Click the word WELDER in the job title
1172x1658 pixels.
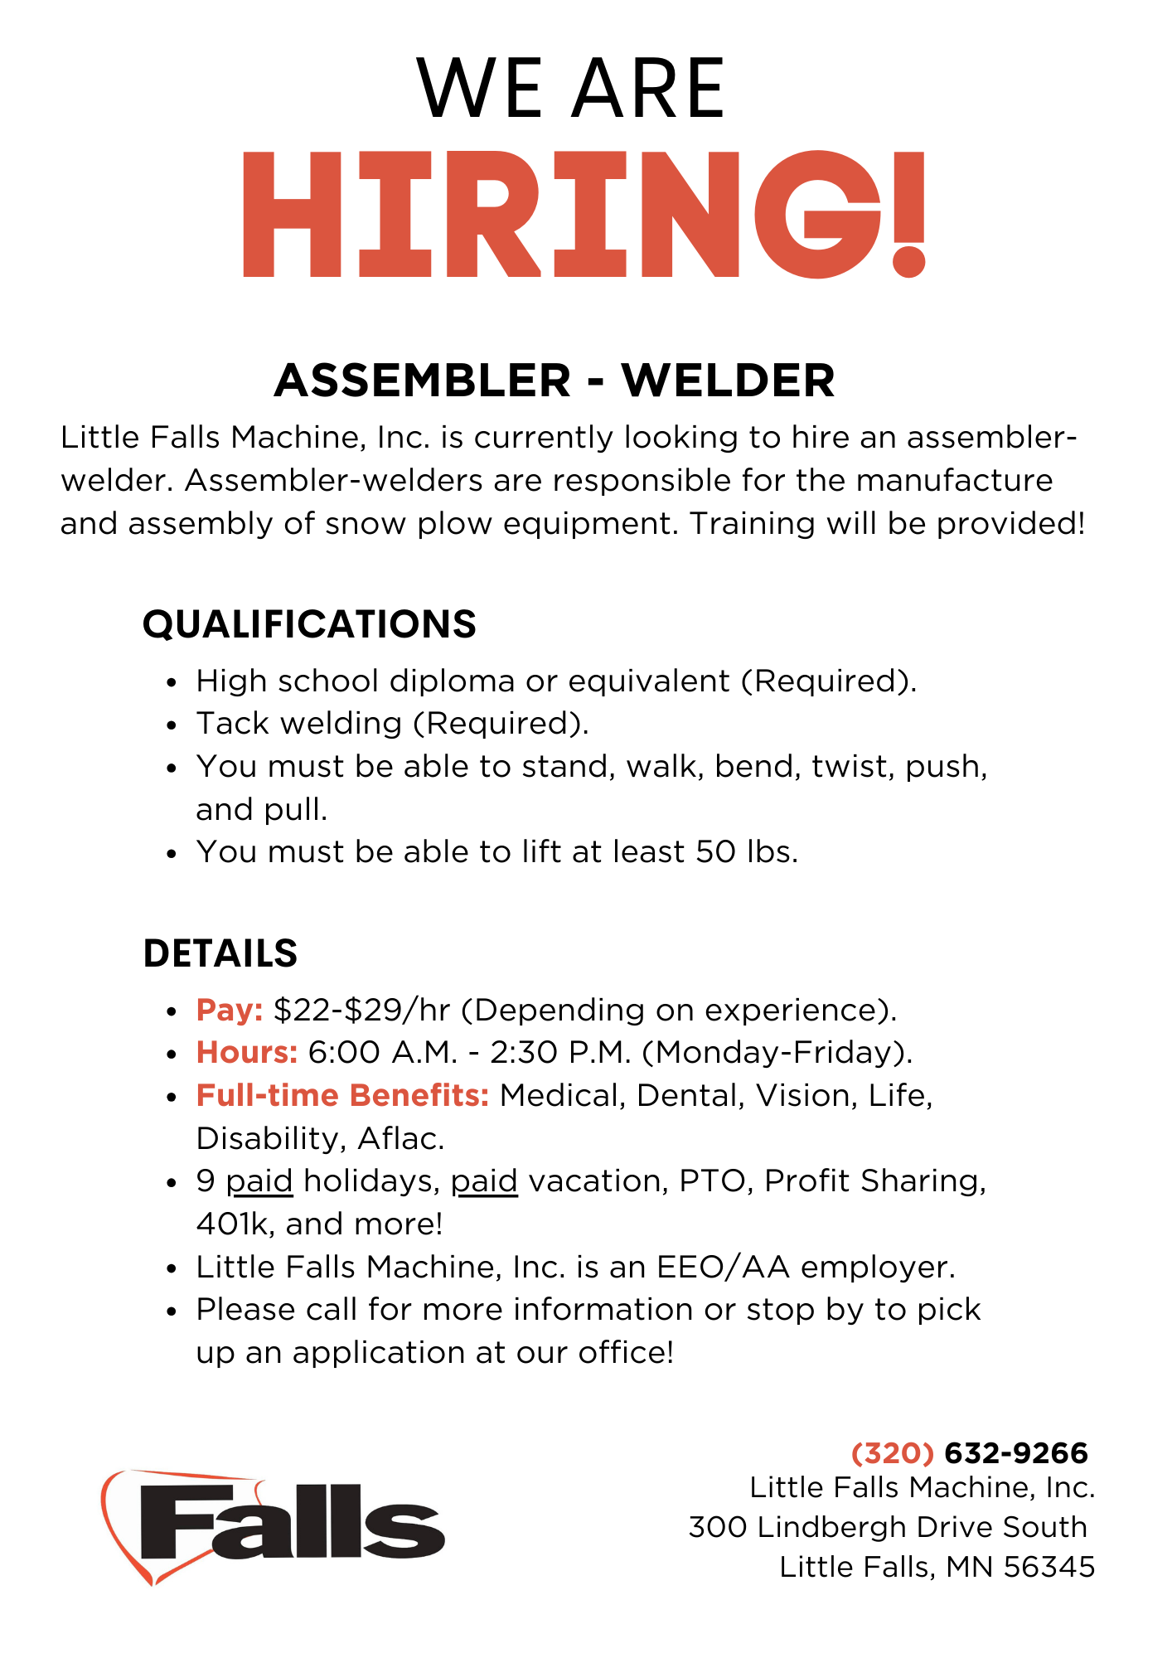coord(728,381)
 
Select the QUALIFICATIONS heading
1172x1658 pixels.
coord(309,624)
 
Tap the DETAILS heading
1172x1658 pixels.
coord(220,953)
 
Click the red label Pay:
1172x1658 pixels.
coord(230,1010)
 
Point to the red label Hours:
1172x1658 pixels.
coord(247,1052)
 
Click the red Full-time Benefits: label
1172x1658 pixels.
coord(342,1095)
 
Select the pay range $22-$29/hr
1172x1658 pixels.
coord(361,1010)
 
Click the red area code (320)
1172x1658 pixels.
coord(893,1453)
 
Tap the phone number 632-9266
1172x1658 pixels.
coord(1016,1453)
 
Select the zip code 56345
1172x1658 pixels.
coord(1049,1567)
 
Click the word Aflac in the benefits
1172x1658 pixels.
coord(401,1138)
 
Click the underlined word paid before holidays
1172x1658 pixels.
coord(259,1181)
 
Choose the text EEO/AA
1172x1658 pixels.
coord(724,1267)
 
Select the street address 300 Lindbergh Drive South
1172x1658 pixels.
coord(888,1527)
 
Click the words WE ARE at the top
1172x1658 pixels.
coord(572,88)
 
